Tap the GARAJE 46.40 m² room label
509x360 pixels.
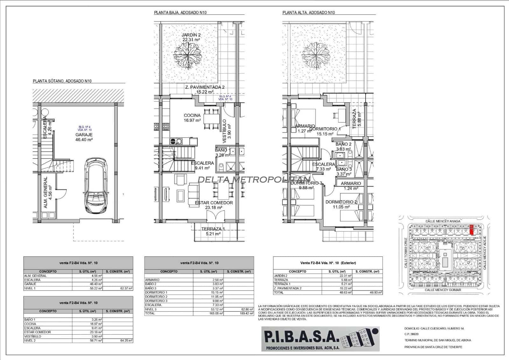[84, 137]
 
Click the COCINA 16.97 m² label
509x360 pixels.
[192, 118]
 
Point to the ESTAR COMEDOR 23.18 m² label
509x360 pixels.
[213, 205]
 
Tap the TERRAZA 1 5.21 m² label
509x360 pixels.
[213, 231]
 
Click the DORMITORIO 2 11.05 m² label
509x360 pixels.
[341, 204]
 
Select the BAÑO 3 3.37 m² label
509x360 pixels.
[344, 172]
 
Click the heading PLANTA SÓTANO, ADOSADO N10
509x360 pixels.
[62, 81]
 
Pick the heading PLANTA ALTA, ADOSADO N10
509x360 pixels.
[309, 13]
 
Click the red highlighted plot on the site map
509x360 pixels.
[471, 230]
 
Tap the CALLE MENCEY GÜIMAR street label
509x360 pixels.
[443, 290]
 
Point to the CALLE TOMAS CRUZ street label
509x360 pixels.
[406, 253]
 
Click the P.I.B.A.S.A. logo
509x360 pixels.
[320, 339]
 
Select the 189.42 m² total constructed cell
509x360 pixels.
[239, 314]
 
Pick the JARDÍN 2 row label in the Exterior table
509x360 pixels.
[281, 276]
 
